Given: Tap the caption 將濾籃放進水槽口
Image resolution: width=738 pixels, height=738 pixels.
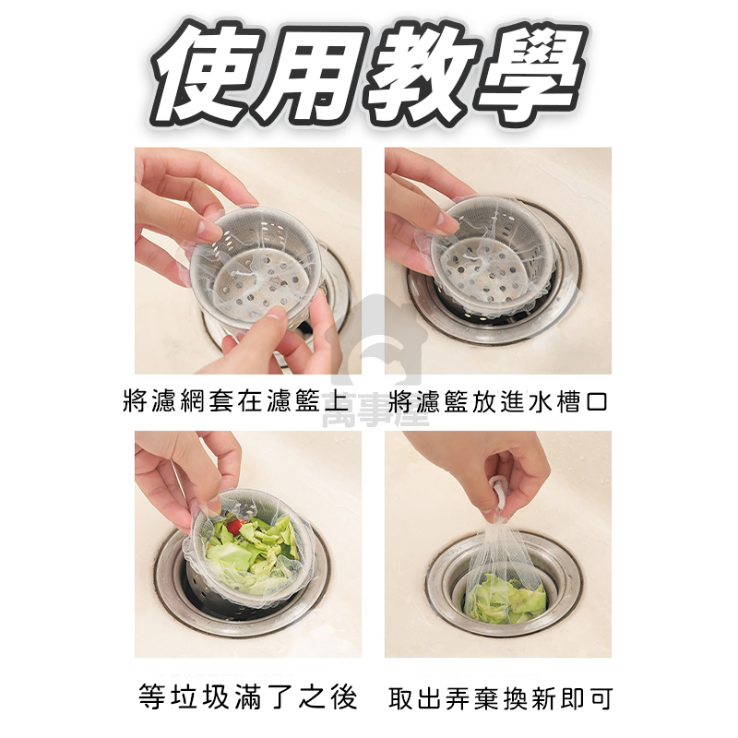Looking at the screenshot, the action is click(498, 401).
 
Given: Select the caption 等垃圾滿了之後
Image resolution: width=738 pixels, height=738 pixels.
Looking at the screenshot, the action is click(248, 696).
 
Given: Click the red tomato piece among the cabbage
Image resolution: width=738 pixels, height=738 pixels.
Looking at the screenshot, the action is click(236, 526).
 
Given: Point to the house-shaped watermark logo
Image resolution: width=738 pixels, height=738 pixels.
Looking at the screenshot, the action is click(379, 338).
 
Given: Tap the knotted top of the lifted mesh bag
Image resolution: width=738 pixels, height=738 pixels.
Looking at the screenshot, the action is click(499, 494).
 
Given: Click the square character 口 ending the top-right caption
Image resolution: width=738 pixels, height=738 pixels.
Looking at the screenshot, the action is click(596, 402).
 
